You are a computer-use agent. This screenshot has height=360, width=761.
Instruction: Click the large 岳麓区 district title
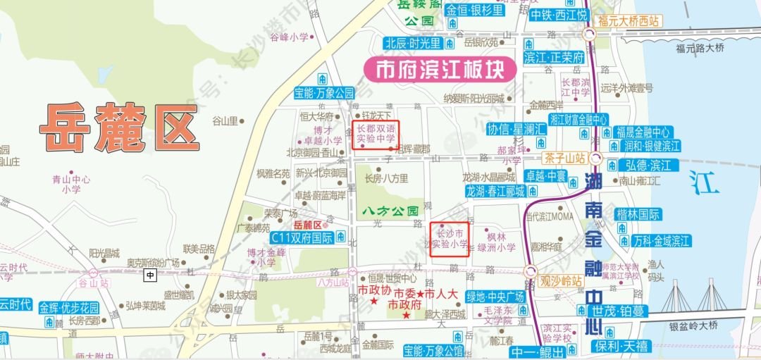click(x=118, y=128)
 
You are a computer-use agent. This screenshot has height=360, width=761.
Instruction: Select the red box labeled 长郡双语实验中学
click(x=376, y=135)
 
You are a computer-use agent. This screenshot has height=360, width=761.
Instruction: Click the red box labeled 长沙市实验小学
click(x=450, y=238)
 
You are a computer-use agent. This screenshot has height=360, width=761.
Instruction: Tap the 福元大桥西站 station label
click(x=629, y=21)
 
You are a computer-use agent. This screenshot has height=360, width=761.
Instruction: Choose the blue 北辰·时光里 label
click(x=413, y=43)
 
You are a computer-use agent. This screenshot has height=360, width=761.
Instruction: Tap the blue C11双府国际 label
click(x=302, y=237)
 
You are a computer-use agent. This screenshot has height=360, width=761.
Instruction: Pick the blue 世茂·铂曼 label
click(x=618, y=311)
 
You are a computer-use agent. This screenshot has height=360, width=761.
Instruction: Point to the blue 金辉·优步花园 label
click(x=69, y=308)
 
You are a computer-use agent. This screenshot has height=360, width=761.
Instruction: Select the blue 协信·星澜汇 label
click(x=516, y=129)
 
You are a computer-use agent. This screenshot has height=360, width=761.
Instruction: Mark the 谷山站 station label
click(x=94, y=283)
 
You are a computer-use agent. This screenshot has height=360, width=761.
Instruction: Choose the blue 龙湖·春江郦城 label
click(x=495, y=191)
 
